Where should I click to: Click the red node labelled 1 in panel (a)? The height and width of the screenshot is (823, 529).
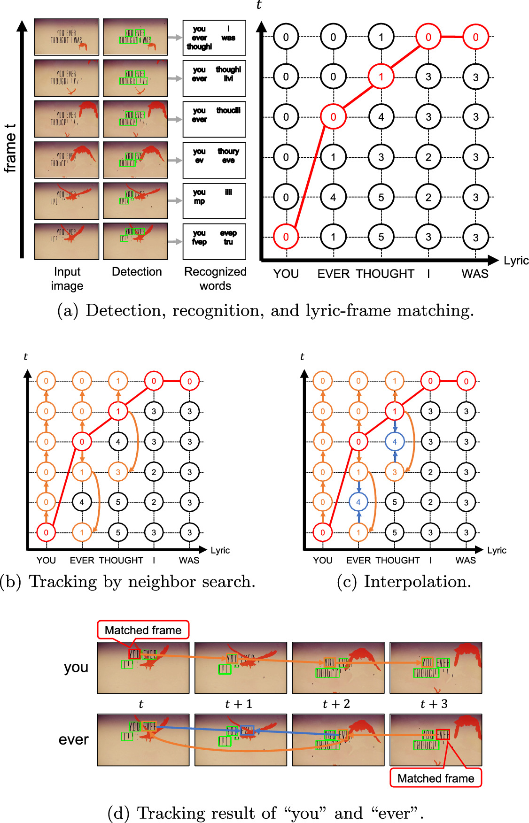coord(381,77)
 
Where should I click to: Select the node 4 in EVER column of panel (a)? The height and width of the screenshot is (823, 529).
coord(333,197)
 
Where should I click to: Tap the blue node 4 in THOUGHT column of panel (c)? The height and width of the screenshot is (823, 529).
coord(395,442)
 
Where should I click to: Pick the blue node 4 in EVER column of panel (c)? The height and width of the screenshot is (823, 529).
coord(358,502)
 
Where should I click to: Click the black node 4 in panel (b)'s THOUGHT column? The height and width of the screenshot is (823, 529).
coord(118,442)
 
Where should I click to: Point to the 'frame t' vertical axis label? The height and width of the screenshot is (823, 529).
coord(10,148)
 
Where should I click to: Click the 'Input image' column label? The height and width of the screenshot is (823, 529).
coord(67,278)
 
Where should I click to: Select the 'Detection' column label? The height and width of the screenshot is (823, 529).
coord(137,272)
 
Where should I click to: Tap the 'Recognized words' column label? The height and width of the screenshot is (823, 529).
coord(215,278)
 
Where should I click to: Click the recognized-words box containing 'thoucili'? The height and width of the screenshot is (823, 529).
coord(214,119)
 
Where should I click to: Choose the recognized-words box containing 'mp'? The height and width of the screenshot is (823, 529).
coord(214,201)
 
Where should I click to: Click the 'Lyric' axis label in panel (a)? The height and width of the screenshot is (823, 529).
coord(516,261)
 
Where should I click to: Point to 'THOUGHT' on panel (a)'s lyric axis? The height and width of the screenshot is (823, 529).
coord(385,274)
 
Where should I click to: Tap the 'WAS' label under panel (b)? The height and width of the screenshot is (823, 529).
coord(189,560)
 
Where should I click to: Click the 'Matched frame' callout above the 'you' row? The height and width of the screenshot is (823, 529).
coord(143,630)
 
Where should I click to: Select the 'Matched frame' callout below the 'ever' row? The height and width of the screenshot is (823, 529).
coord(436,778)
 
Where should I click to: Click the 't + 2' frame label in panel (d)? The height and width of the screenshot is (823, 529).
coord(336,704)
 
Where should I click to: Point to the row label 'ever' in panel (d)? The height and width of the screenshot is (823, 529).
coord(74,739)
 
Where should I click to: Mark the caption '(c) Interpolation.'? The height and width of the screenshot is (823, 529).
coord(404,582)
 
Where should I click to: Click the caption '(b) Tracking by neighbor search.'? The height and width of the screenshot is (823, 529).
coord(128,582)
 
